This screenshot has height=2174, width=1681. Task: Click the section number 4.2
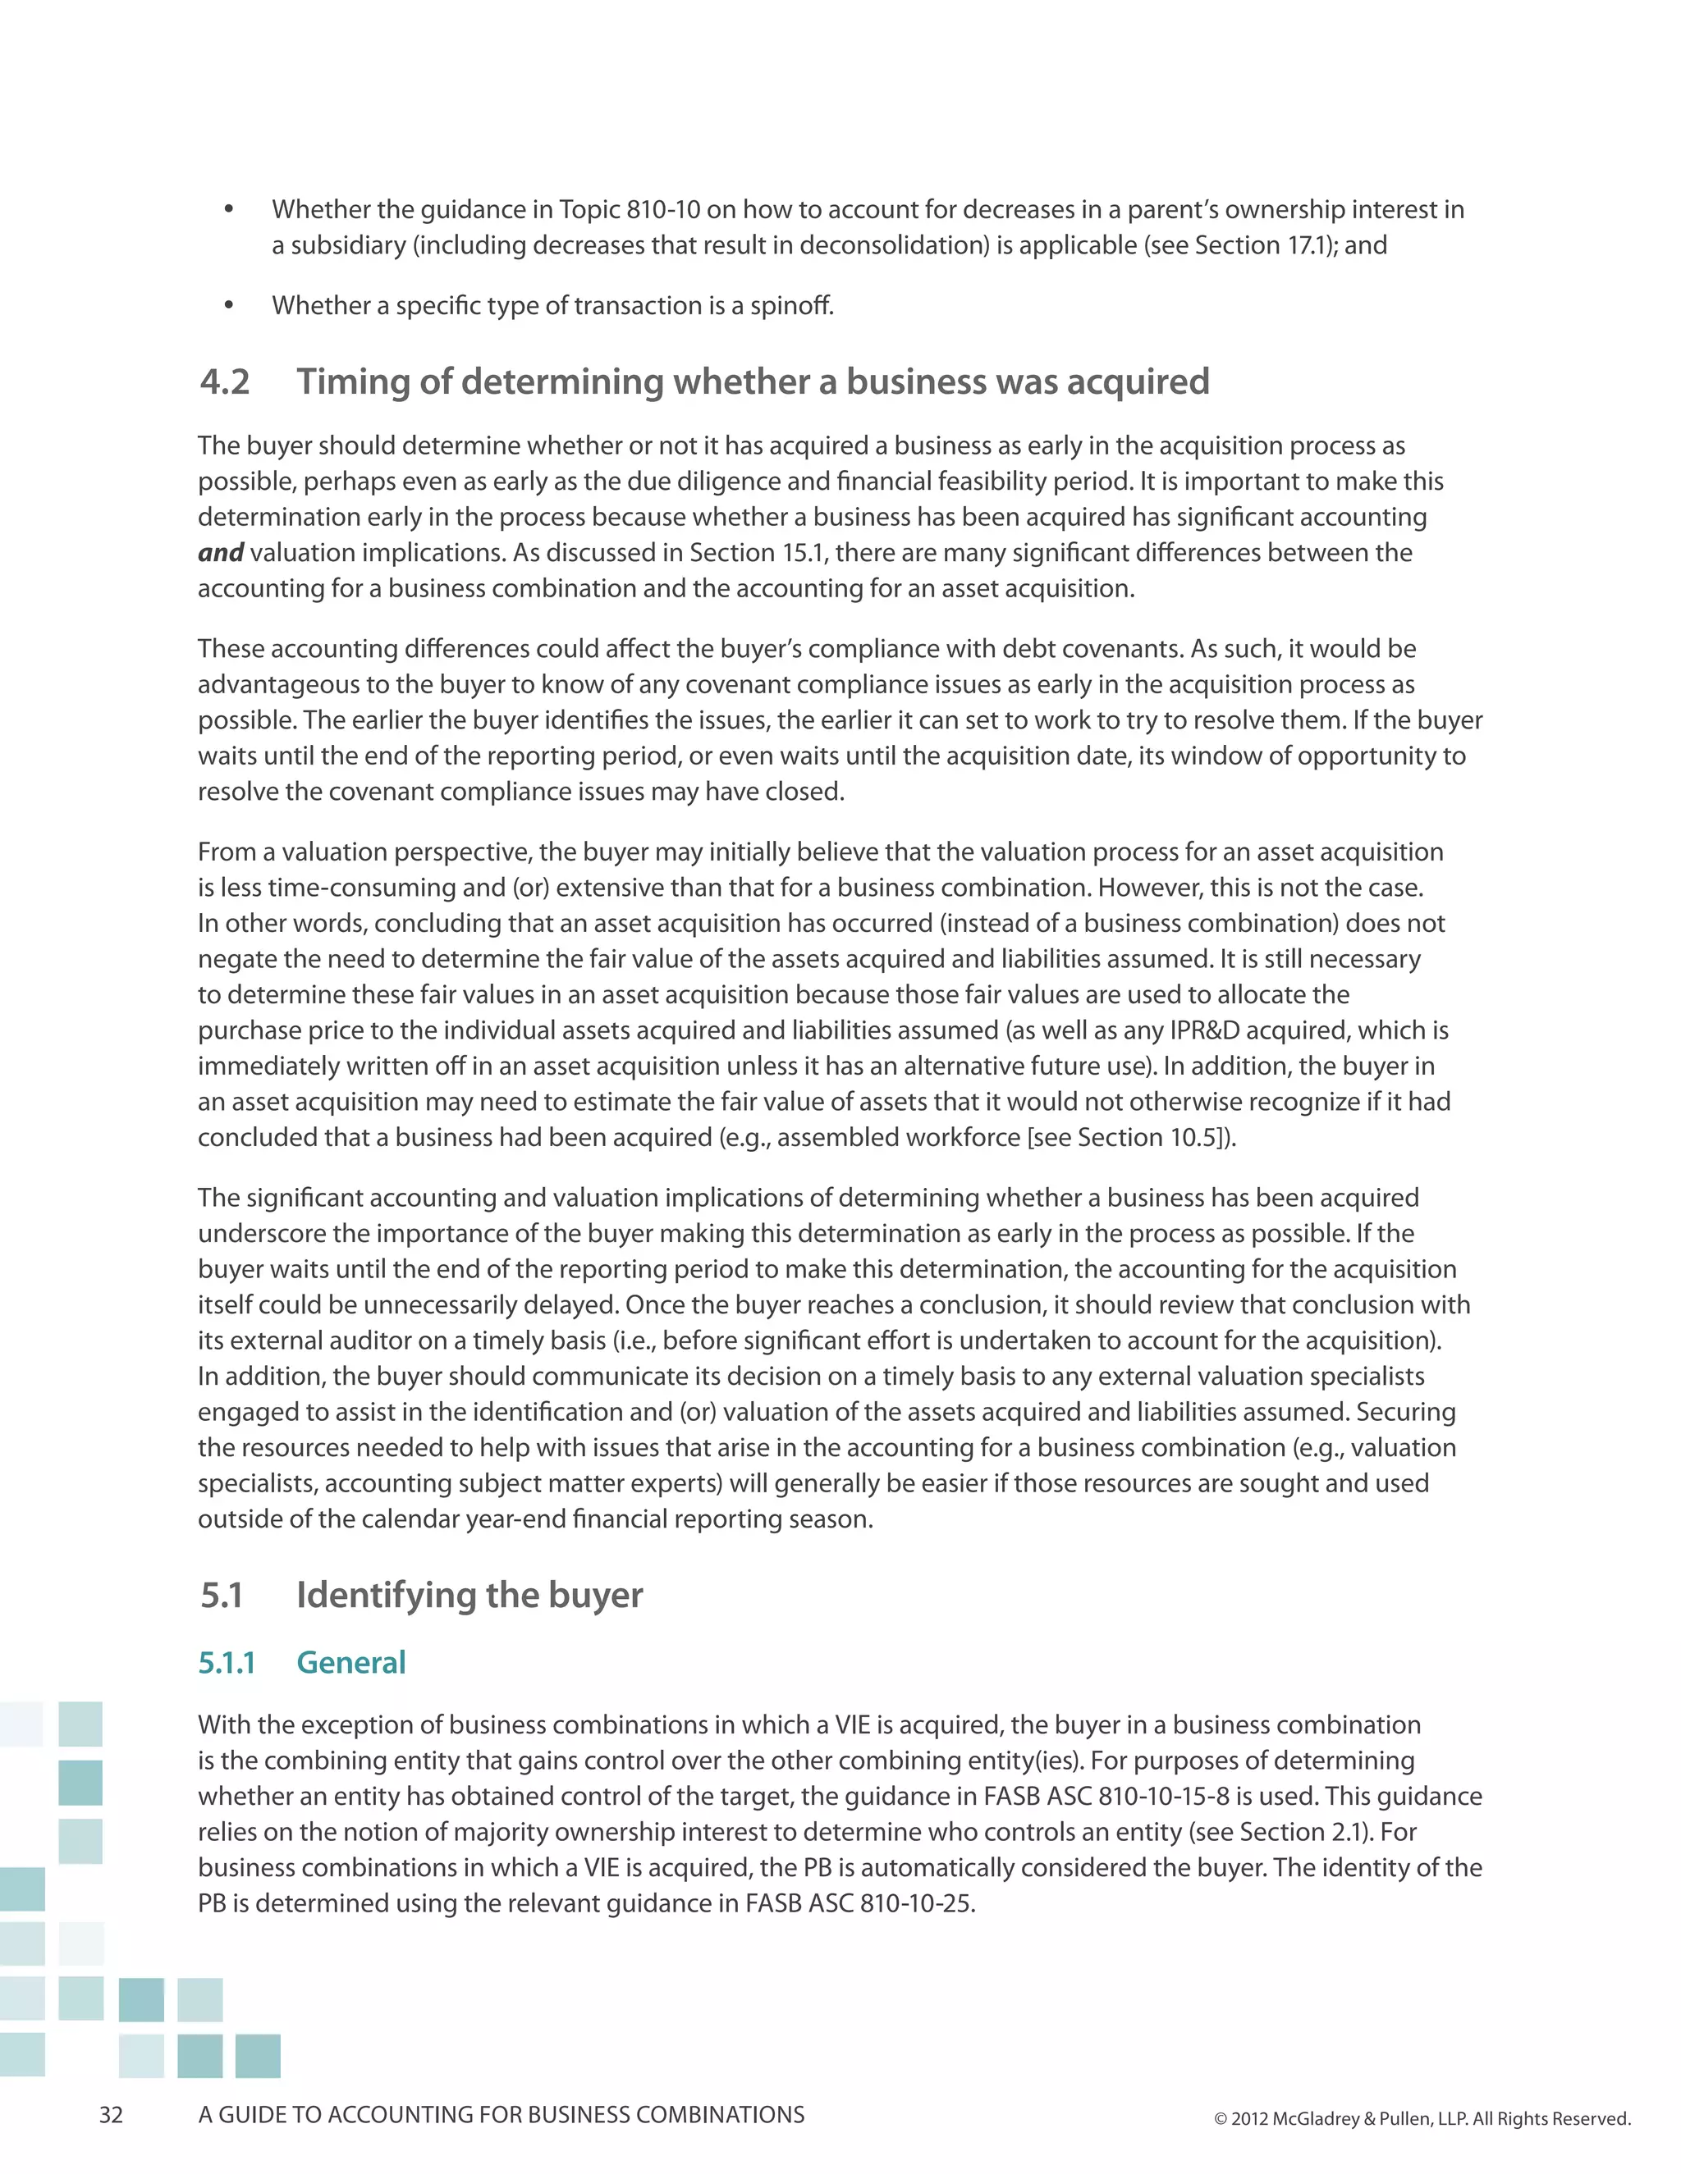click(x=225, y=382)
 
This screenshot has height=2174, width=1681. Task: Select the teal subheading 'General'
click(x=350, y=1662)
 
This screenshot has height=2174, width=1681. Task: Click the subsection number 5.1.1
click(x=227, y=1662)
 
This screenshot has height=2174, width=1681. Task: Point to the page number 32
click(x=111, y=2114)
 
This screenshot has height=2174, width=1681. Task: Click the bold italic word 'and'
click(x=220, y=552)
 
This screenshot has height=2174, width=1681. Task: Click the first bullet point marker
click(x=229, y=210)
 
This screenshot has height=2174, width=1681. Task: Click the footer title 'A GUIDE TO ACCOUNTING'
click(x=501, y=2114)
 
